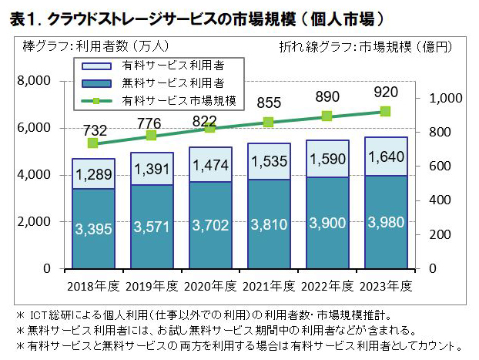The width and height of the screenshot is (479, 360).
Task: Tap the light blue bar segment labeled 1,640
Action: point(385,156)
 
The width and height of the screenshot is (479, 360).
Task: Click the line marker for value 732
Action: point(93,143)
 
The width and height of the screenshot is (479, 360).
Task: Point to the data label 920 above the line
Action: point(385,93)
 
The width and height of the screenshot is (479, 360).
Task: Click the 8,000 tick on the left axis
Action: point(32,81)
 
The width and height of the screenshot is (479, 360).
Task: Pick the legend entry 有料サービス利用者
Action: point(177,65)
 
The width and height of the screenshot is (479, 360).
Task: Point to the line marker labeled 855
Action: point(268,122)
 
